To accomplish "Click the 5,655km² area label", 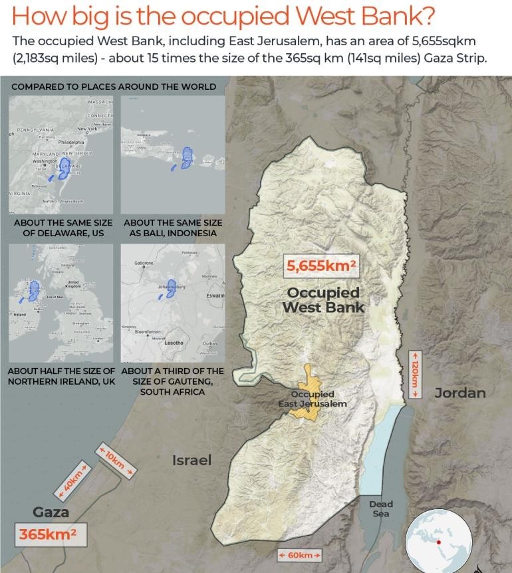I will point(321,266).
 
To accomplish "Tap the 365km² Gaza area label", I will point(47,534).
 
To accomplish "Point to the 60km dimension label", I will point(299,555).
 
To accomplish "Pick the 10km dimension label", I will point(116,461).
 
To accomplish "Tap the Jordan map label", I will point(460,393).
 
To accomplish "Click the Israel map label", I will point(192,460).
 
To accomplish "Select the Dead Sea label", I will point(381,509).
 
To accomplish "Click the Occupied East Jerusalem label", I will point(313,399).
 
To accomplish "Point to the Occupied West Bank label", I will point(323,300).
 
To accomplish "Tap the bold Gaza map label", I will point(51,512).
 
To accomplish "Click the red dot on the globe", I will point(439,542).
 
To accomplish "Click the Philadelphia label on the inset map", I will point(71,142).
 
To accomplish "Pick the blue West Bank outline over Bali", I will point(189,158).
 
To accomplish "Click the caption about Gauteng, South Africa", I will point(172,381).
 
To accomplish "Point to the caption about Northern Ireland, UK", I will point(61,376).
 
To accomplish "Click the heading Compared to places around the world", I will point(114,87).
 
